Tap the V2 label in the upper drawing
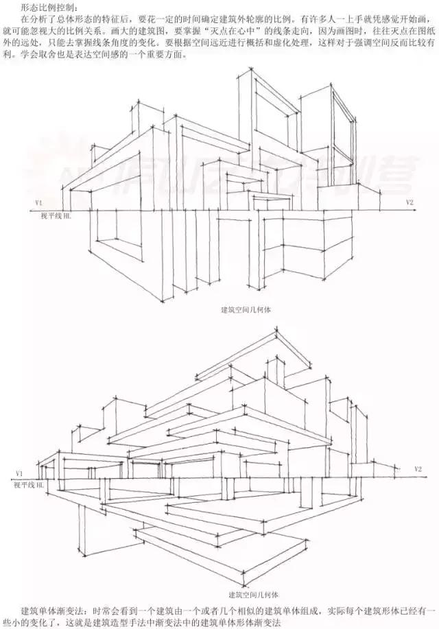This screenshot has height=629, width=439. tap(409, 202)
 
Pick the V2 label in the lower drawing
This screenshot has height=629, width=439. tap(418, 469)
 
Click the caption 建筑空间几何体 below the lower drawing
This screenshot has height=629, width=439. tap(252, 593)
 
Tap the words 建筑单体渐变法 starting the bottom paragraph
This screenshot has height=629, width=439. tap(48, 610)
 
